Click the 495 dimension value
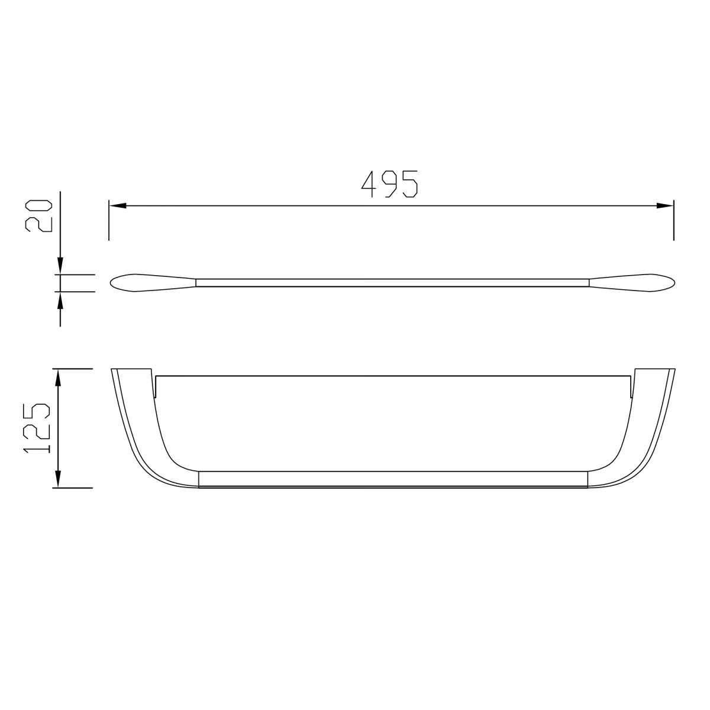pyautogui.click(x=389, y=184)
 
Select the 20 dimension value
pyautogui.click(x=38, y=217)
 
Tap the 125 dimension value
pyautogui.click(x=37, y=428)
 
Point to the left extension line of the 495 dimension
pyautogui.click(x=109, y=220)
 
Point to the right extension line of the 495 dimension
pyautogui.click(x=673, y=220)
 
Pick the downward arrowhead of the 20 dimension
pyautogui.click(x=60, y=266)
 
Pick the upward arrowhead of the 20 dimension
pyautogui.click(x=60, y=301)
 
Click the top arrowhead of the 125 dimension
pyautogui.click(x=57, y=377)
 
